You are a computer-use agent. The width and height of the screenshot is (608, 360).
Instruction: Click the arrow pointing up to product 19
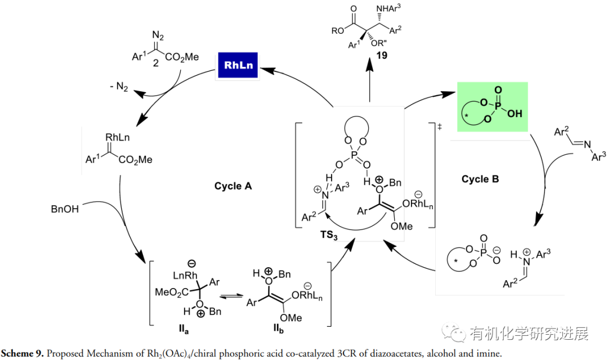coord(370,82)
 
